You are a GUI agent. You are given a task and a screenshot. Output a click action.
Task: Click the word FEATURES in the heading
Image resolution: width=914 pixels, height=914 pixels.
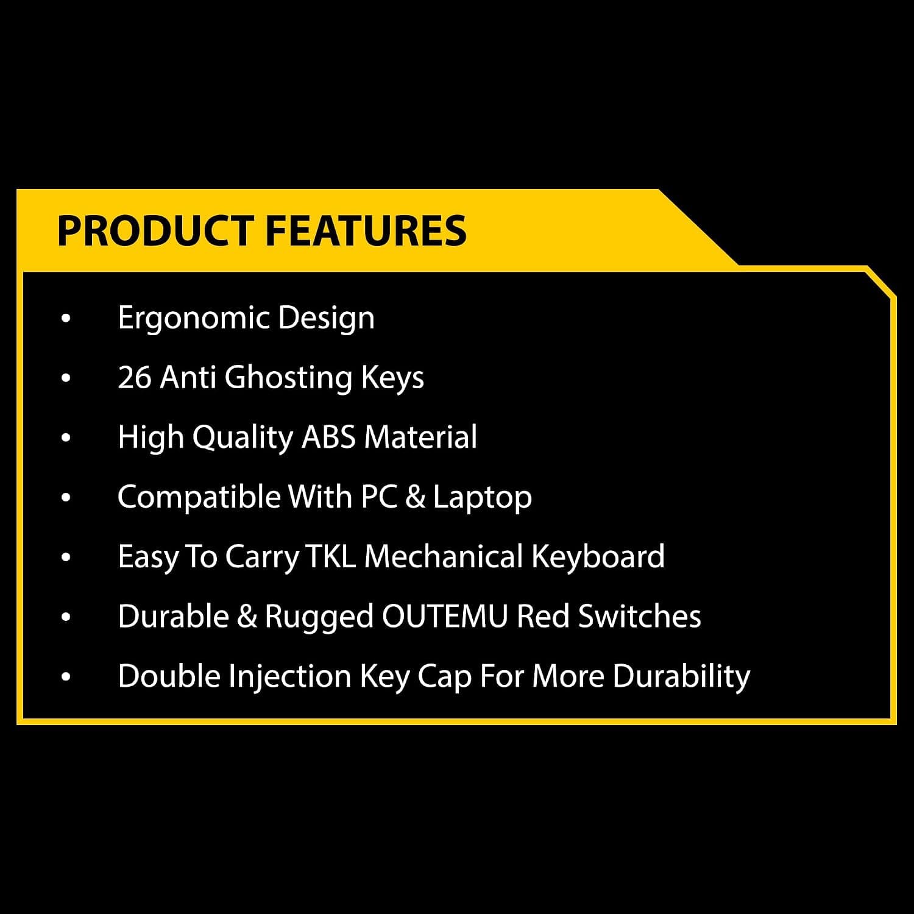click(x=366, y=231)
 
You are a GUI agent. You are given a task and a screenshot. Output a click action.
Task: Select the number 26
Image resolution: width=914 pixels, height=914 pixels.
click(x=135, y=377)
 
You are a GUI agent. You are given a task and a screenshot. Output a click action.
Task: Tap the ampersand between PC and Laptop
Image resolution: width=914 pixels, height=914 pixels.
click(x=414, y=497)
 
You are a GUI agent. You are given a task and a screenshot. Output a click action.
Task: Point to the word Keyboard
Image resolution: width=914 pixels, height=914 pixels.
click(x=598, y=557)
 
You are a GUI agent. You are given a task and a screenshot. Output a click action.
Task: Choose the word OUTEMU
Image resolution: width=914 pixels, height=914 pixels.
click(x=445, y=617)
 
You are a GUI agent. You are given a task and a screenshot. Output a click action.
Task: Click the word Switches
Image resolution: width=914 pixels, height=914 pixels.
click(x=639, y=616)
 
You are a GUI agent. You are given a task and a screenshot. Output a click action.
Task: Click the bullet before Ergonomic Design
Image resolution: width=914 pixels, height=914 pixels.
click(x=66, y=319)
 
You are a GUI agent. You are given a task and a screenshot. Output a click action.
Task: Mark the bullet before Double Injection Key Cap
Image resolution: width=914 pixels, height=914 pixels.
click(x=66, y=677)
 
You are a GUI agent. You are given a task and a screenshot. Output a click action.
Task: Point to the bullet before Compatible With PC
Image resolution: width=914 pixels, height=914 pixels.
click(x=66, y=498)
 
